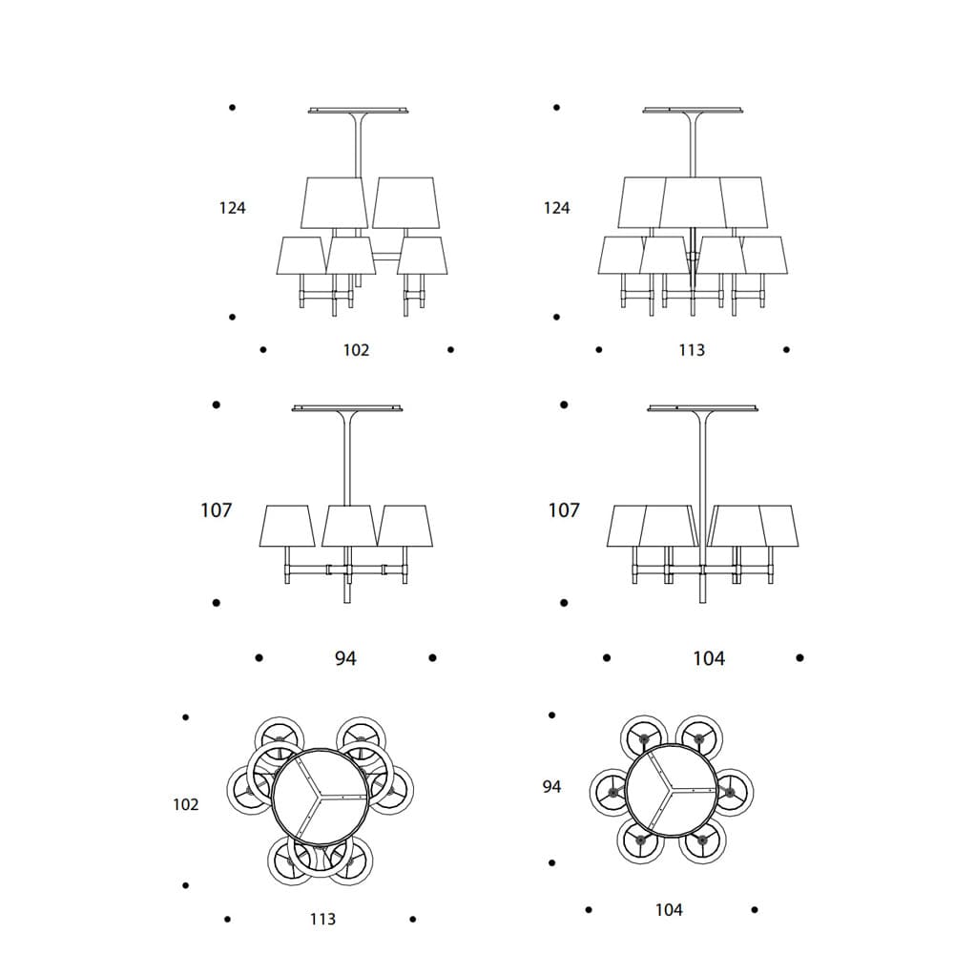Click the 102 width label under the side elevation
click(356, 350)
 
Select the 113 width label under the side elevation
click(692, 350)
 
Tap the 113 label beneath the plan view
click(322, 919)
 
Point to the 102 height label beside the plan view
click(186, 804)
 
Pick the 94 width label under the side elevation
click(345, 657)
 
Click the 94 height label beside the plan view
click(551, 787)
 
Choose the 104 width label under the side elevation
click(709, 657)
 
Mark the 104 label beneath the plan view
click(669, 909)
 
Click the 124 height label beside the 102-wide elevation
click(233, 208)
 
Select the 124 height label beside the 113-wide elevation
click(557, 208)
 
